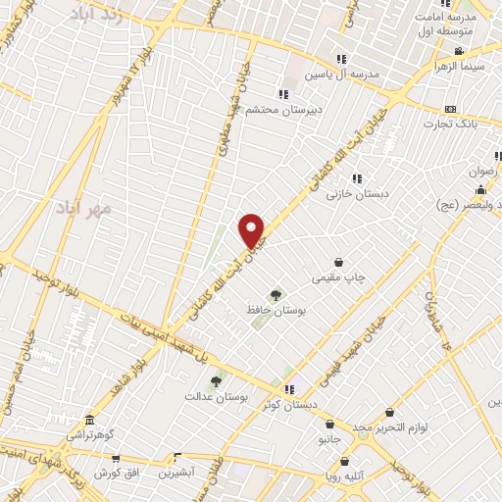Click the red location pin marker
(x=252, y=229)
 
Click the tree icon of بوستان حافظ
(x=276, y=294)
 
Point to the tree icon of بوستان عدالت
(x=217, y=381)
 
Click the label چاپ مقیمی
(x=338, y=277)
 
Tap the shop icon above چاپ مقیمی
(x=339, y=263)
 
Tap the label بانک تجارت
(x=450, y=124)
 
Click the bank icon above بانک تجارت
(x=450, y=109)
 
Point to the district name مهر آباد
(x=86, y=208)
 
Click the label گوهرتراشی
(x=90, y=433)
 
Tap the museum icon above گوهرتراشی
(x=90, y=419)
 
